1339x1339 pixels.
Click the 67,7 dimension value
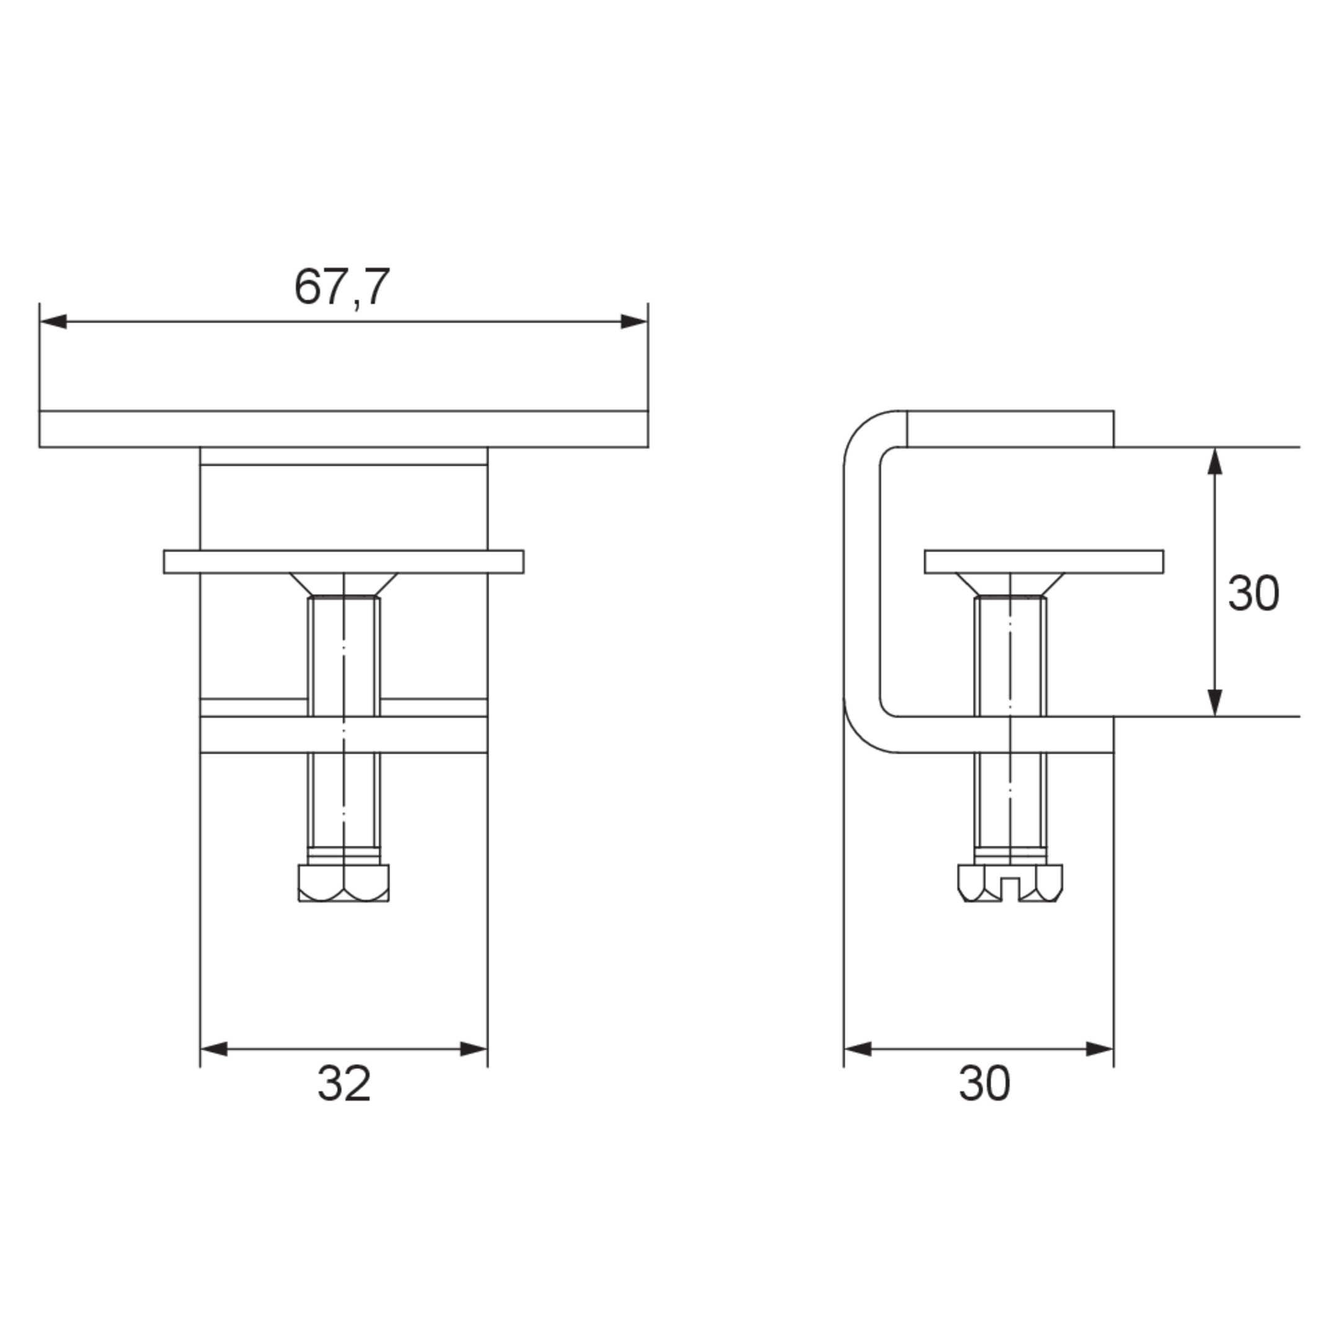point(342,287)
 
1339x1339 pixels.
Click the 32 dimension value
point(344,1083)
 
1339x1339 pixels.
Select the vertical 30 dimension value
point(1253,593)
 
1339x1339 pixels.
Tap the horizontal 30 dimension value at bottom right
point(984,1083)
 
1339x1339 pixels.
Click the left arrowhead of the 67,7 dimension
point(53,322)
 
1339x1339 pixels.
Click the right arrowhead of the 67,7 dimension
point(634,322)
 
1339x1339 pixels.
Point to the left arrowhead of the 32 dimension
point(214,1049)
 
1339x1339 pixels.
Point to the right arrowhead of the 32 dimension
point(474,1049)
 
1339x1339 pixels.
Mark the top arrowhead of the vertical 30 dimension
point(1214,461)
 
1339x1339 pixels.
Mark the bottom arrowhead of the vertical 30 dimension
point(1214,703)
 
